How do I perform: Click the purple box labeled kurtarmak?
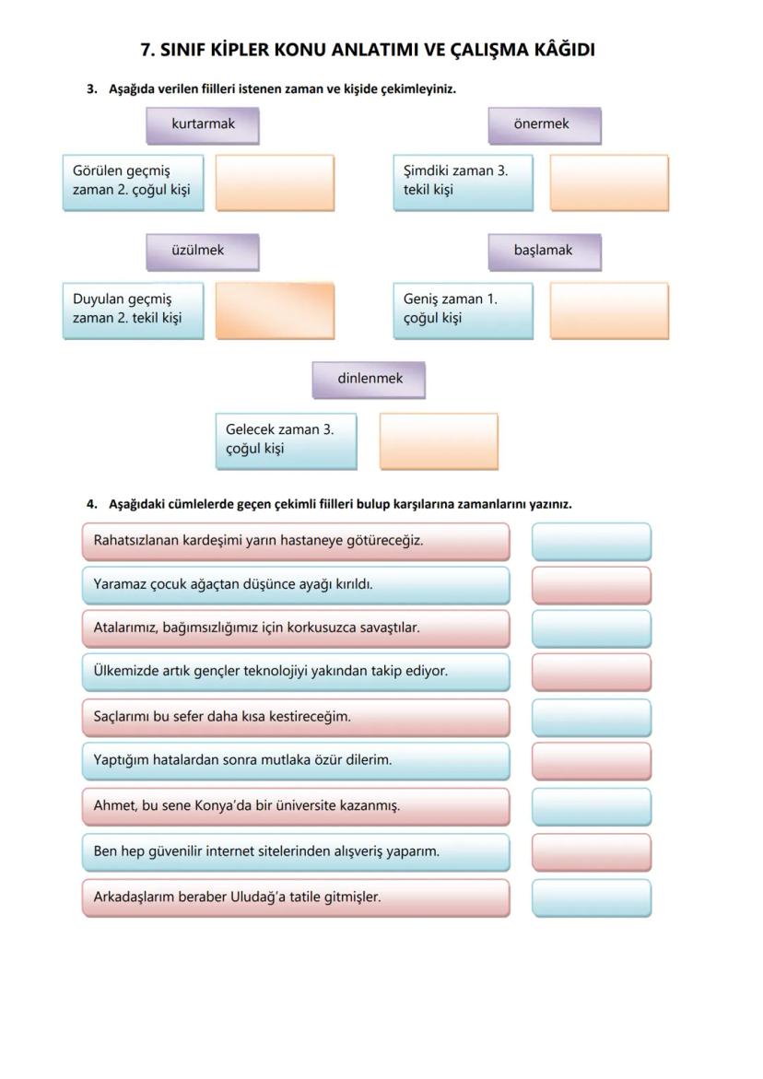coord(203,124)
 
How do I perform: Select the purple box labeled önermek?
coord(544,124)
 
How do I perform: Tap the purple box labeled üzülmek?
coord(202,251)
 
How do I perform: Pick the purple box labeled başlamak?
coord(544,251)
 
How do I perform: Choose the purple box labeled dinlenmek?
coord(369,379)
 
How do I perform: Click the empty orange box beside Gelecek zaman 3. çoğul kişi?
coord(439,440)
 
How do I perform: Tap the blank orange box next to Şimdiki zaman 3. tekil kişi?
coord(609,182)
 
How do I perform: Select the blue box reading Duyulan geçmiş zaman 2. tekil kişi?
coord(133,310)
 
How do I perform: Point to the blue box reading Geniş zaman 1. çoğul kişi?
coord(463,310)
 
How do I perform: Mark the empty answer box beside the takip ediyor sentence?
coord(591,672)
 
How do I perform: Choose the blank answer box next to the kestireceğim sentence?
coord(591,717)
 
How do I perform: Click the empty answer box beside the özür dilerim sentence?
coord(591,761)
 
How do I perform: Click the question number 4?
coord(91,504)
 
